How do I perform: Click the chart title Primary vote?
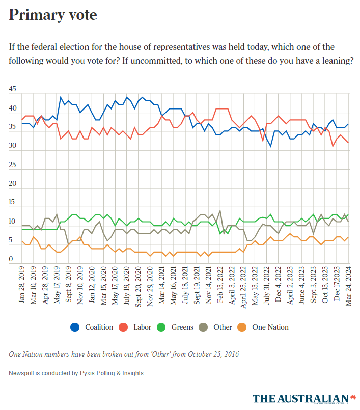52,15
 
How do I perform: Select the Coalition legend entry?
92,327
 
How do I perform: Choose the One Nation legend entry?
264,327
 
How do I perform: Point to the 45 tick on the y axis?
12,89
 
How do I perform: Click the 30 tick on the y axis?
12,146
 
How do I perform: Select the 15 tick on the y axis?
12,203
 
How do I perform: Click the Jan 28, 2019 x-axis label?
22,287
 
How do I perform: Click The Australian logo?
304,398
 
